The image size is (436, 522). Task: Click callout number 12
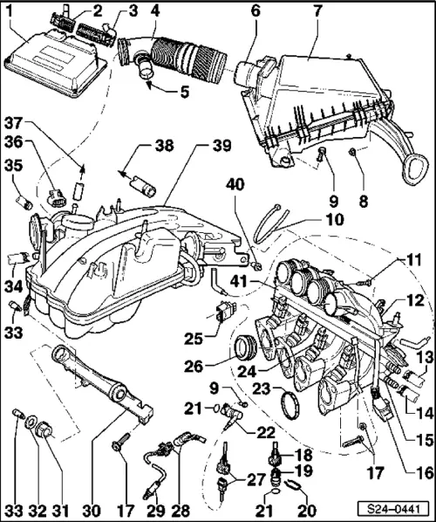point(420,298)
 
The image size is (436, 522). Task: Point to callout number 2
point(98,10)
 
